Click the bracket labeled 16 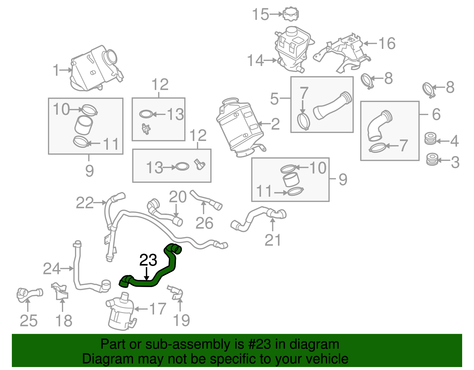point(344,53)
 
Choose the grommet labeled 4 point(430,139)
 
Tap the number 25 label point(28,321)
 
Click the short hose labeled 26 point(206,200)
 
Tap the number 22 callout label point(85,203)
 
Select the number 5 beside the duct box point(274,98)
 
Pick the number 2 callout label point(275,124)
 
